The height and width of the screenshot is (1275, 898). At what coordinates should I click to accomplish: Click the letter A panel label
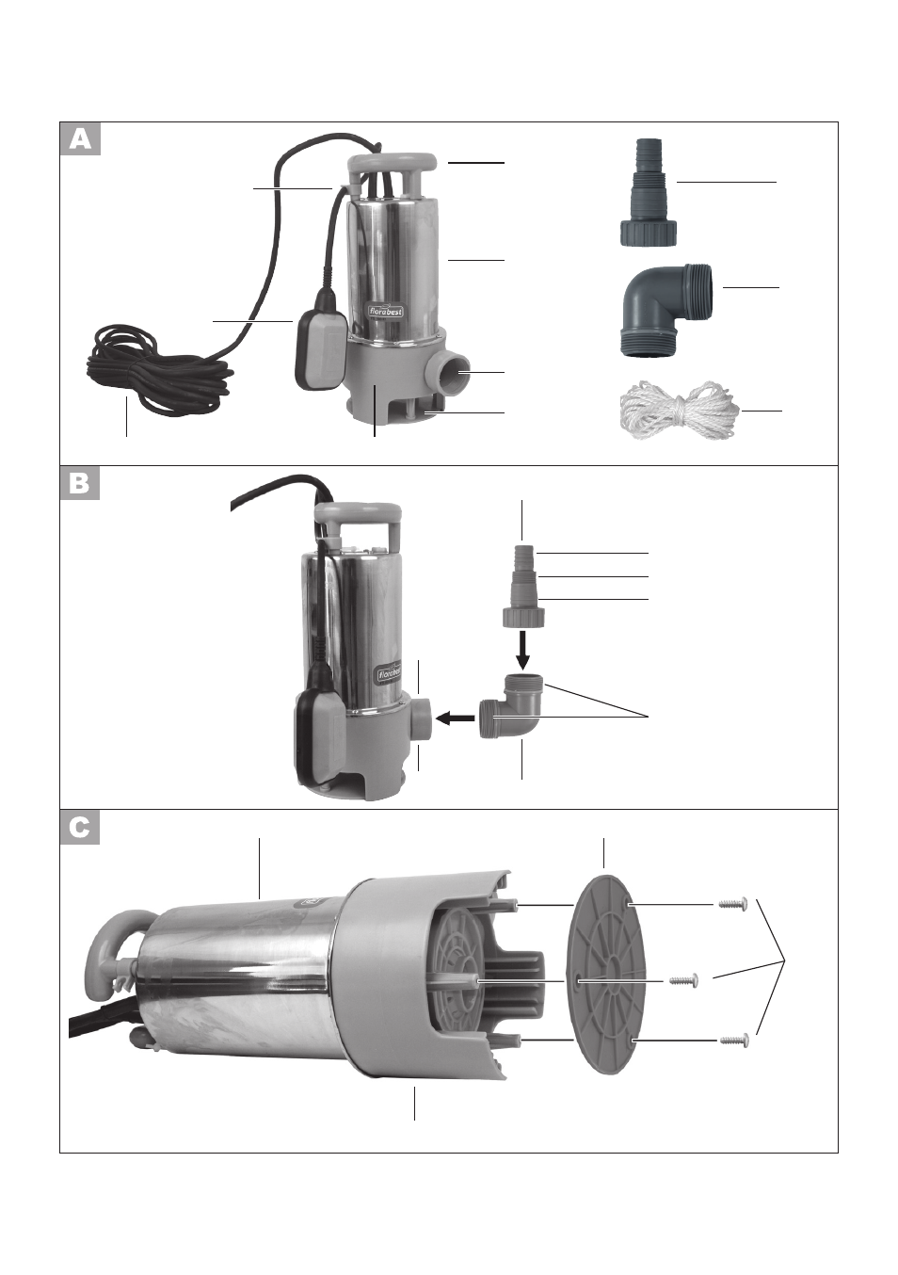(80, 138)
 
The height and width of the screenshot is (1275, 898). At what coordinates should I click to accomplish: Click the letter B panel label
(80, 484)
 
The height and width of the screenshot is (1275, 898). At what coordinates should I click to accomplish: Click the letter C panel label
(80, 828)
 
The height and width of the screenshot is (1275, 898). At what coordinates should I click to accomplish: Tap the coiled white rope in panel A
(679, 411)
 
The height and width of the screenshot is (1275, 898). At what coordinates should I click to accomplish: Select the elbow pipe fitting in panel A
(663, 310)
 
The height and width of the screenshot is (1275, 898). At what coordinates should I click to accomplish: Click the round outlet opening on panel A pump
(457, 371)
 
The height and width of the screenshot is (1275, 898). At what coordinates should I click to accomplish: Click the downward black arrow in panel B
(522, 650)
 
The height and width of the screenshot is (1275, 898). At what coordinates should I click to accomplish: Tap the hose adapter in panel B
(524, 586)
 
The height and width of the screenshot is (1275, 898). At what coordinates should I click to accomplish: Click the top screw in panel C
(732, 903)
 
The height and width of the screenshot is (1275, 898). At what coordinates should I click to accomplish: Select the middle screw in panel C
(683, 980)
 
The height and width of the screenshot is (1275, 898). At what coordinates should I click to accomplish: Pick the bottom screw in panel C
(734, 1040)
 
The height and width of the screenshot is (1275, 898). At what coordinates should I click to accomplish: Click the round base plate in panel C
(608, 975)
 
